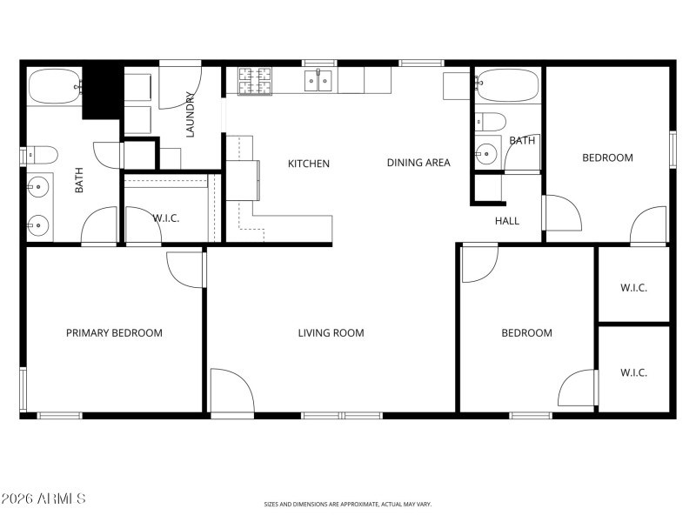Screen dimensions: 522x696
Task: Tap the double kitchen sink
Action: (x=318, y=81)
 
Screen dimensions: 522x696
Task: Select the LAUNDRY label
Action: (x=190, y=115)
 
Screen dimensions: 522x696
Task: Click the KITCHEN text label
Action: (x=309, y=163)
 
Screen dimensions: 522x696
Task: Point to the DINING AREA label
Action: (x=418, y=162)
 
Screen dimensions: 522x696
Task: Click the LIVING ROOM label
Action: (x=331, y=332)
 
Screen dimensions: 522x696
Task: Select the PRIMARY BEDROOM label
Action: (x=114, y=332)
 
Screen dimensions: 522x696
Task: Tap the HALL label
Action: (x=507, y=221)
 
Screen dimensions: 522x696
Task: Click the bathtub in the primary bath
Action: (x=55, y=87)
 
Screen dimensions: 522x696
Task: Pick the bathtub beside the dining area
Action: (x=507, y=87)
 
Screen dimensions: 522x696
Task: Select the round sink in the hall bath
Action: (x=485, y=156)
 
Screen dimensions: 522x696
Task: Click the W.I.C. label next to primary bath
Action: (x=166, y=217)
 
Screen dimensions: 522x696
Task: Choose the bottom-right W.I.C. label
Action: (x=633, y=372)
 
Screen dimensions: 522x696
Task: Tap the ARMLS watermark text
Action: (x=43, y=499)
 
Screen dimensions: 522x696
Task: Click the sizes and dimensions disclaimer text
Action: (x=348, y=504)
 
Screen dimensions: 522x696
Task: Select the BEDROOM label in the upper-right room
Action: (x=607, y=157)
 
